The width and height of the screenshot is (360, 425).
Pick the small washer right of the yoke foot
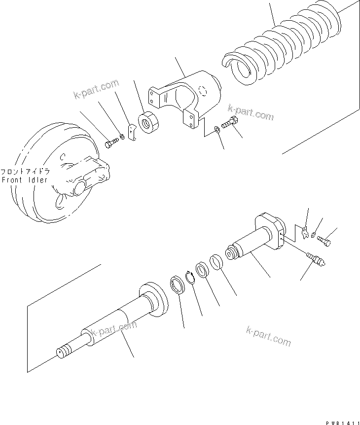217,130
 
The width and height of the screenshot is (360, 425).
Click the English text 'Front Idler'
25,180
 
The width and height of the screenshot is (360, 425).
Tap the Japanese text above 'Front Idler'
25,172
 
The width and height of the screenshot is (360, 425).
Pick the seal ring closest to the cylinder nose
216,261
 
